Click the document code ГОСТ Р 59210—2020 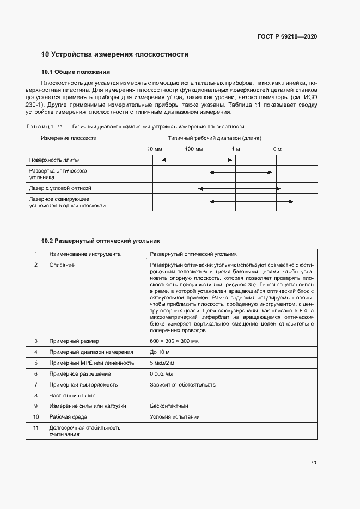click(x=287, y=36)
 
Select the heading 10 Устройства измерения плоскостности click(x=115, y=54)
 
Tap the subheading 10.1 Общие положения click(x=76, y=72)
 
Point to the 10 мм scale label click(x=154, y=149)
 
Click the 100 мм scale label click(x=193, y=149)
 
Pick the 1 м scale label click(x=235, y=149)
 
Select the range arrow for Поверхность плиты click(x=197, y=160)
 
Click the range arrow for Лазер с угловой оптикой click(x=239, y=188)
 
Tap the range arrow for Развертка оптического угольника click(x=241, y=173)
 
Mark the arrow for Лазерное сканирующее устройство click(x=251, y=202)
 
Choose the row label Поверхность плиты click(x=54, y=160)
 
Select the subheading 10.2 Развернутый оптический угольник click(x=101, y=240)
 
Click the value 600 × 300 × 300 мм click(x=174, y=341)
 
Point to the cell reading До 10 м click(x=160, y=352)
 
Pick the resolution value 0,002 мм click(x=162, y=373)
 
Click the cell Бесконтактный click(x=169, y=406)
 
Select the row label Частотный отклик click(x=71, y=395)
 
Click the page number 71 click(x=313, y=463)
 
